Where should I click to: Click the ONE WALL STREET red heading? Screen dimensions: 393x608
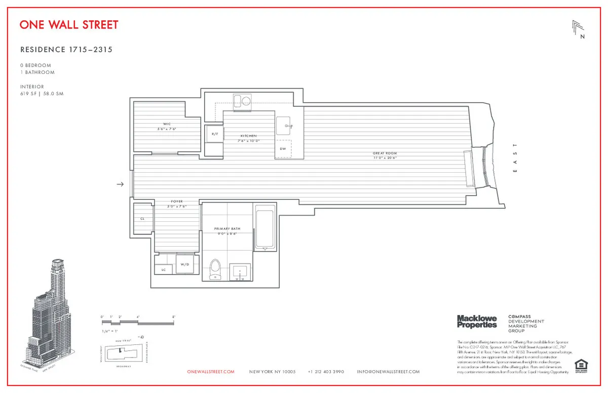coord(69,25)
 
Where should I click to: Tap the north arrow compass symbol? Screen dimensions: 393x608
coord(578,29)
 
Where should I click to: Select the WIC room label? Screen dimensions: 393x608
coord(166,124)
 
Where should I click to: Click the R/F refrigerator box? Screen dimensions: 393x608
coord(214,134)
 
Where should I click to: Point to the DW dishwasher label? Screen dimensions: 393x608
coord(283,148)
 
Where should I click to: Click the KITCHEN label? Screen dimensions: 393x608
coord(249,136)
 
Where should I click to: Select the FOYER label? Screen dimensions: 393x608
coord(177,202)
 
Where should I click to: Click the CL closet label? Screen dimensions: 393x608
coord(142,218)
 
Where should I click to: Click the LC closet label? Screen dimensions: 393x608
coord(164,270)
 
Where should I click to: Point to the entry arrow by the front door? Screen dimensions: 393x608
coord(120,184)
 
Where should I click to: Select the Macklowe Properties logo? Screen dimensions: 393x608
coord(477,321)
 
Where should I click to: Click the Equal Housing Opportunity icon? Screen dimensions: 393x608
coord(580,365)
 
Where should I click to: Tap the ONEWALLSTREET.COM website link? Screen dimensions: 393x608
coord(211,372)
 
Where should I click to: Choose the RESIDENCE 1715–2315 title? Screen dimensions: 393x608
coord(66,50)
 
